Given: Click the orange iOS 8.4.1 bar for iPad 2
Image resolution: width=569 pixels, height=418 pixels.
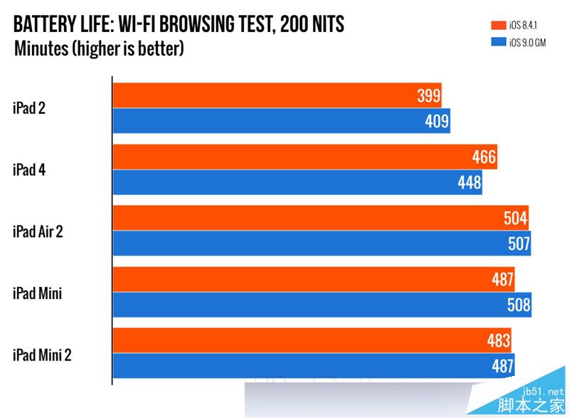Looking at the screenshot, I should [x=277, y=95].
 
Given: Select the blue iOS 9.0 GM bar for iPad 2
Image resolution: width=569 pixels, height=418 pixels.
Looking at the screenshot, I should [x=282, y=121].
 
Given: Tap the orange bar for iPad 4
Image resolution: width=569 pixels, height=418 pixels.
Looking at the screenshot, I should [x=304, y=157].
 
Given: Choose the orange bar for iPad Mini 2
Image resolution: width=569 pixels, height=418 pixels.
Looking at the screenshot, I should [x=312, y=340].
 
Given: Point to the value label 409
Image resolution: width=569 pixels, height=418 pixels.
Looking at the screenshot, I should [x=437, y=121].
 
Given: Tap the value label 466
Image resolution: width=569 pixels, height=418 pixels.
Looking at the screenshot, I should [x=484, y=157].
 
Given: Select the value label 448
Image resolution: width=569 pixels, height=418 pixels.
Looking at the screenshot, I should [x=469, y=183].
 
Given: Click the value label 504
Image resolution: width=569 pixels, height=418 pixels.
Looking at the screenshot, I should [x=516, y=219].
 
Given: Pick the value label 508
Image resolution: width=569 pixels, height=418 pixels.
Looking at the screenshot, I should [x=519, y=305].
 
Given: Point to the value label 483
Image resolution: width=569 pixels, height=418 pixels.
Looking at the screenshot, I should [x=499, y=340].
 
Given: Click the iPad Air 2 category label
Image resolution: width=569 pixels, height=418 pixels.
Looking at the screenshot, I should [x=38, y=231].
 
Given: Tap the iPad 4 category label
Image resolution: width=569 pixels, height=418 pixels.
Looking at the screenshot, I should [x=30, y=169].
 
